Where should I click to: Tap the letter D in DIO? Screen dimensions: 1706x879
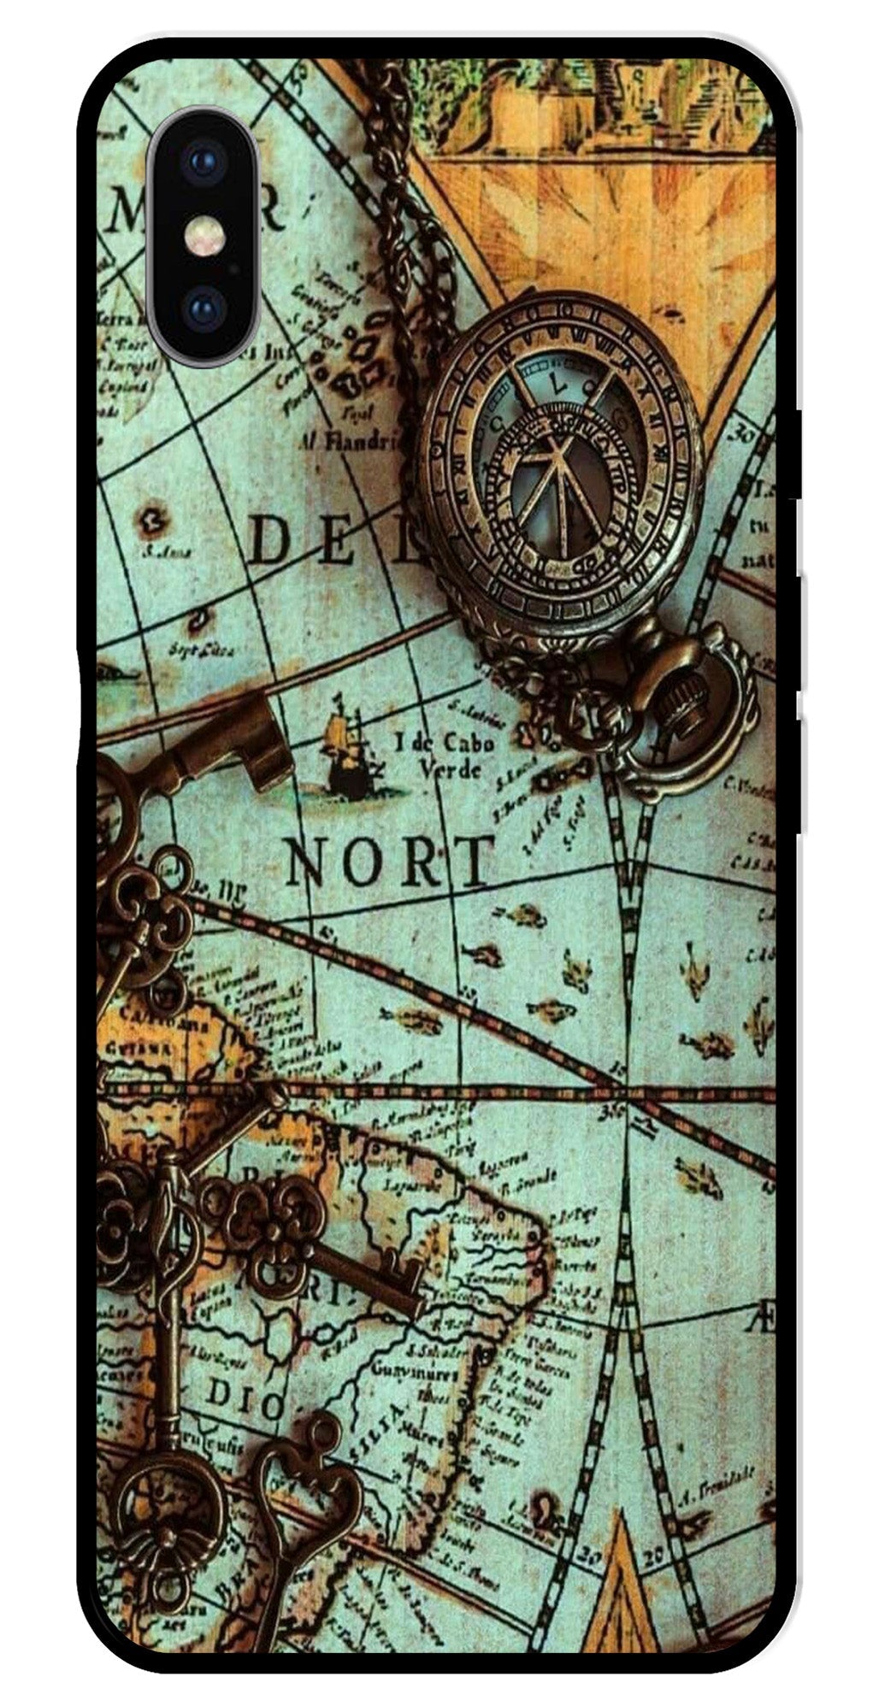coord(221,1400)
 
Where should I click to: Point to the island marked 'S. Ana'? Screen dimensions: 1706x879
coord(154,520)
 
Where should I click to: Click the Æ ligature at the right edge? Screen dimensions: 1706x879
coord(764,1321)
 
